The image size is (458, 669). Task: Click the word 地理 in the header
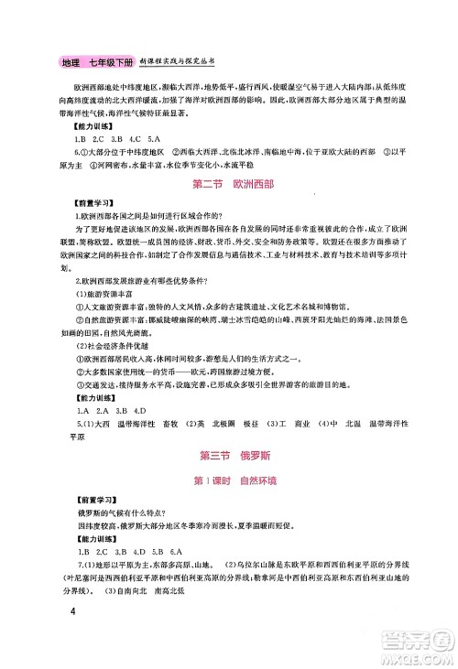tap(71, 62)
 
